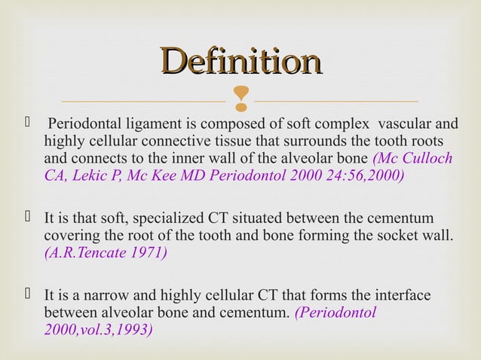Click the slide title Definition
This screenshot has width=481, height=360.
click(x=240, y=63)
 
